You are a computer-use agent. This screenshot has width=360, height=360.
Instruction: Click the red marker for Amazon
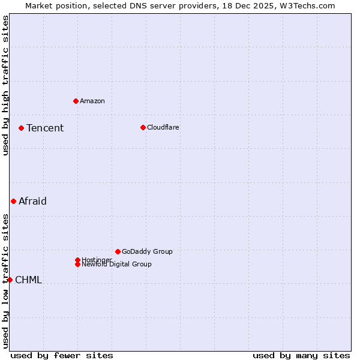[76, 101]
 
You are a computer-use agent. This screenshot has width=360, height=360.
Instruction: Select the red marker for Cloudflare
[143, 127]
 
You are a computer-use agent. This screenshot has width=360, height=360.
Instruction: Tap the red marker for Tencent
[21, 128]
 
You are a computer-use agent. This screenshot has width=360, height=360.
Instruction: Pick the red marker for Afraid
[13, 201]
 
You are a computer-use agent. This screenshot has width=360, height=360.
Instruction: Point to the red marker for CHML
[10, 280]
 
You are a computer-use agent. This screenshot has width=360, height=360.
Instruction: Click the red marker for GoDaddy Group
[118, 251]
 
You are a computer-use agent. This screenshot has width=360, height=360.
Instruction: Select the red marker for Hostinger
[77, 260]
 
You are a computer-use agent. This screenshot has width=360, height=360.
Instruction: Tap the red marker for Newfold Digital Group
[77, 264]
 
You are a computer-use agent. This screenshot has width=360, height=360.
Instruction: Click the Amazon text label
[92, 101]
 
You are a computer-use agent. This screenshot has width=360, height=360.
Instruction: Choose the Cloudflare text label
[163, 127]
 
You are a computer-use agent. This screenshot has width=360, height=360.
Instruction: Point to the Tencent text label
[45, 128]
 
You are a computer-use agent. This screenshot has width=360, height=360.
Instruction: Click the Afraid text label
[32, 201]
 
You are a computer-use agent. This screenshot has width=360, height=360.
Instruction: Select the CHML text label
[28, 280]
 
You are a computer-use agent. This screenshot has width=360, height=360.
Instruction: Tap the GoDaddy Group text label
[147, 251]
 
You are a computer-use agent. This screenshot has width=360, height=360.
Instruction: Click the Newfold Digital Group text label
[117, 265]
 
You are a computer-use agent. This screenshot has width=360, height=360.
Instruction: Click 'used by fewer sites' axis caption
[62, 355]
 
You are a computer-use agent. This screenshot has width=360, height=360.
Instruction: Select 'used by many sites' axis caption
[301, 355]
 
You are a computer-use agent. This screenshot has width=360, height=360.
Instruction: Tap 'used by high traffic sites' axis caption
[5, 85]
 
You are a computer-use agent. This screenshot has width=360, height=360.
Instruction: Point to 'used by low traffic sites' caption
[5, 281]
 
